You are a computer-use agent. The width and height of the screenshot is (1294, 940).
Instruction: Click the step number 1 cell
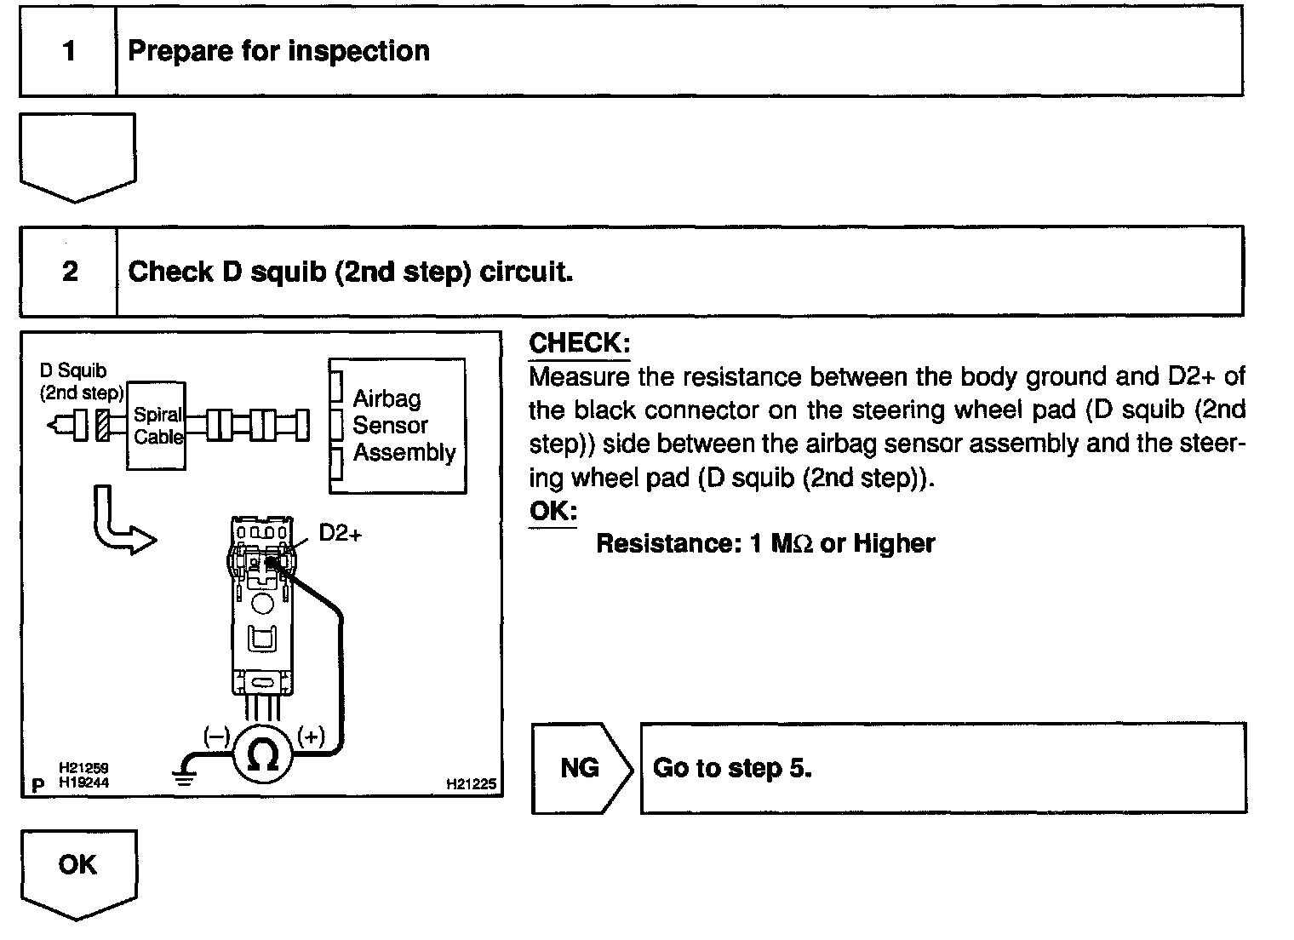click(x=69, y=51)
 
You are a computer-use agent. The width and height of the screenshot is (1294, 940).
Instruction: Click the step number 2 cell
click(x=69, y=272)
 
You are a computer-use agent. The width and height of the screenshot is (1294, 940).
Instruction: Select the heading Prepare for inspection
click(x=278, y=51)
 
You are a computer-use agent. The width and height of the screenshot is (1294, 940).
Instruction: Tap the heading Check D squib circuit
click(x=350, y=272)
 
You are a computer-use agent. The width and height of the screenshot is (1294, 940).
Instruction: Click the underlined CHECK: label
click(x=579, y=343)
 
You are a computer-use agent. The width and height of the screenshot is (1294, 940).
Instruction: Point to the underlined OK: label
click(x=553, y=511)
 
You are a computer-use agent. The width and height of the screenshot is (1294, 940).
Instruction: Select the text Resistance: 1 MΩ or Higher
click(x=764, y=543)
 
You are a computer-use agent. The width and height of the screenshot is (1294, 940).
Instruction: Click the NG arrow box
click(x=581, y=768)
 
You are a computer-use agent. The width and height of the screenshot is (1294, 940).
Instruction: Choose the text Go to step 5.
click(x=732, y=768)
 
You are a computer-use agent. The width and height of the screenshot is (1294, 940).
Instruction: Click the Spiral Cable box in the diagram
click(x=157, y=425)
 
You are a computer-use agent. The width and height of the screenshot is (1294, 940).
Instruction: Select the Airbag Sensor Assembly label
click(x=403, y=425)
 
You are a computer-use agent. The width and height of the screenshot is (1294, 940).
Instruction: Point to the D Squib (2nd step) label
click(x=81, y=381)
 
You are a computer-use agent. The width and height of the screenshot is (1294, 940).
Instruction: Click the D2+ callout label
click(x=341, y=533)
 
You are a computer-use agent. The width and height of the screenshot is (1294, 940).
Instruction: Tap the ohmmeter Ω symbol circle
click(x=263, y=754)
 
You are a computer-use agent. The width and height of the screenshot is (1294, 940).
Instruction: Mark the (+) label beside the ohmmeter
click(x=311, y=737)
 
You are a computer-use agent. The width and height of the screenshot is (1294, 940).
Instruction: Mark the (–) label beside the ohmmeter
click(x=216, y=737)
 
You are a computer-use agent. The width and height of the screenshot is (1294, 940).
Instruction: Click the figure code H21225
click(x=471, y=784)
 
